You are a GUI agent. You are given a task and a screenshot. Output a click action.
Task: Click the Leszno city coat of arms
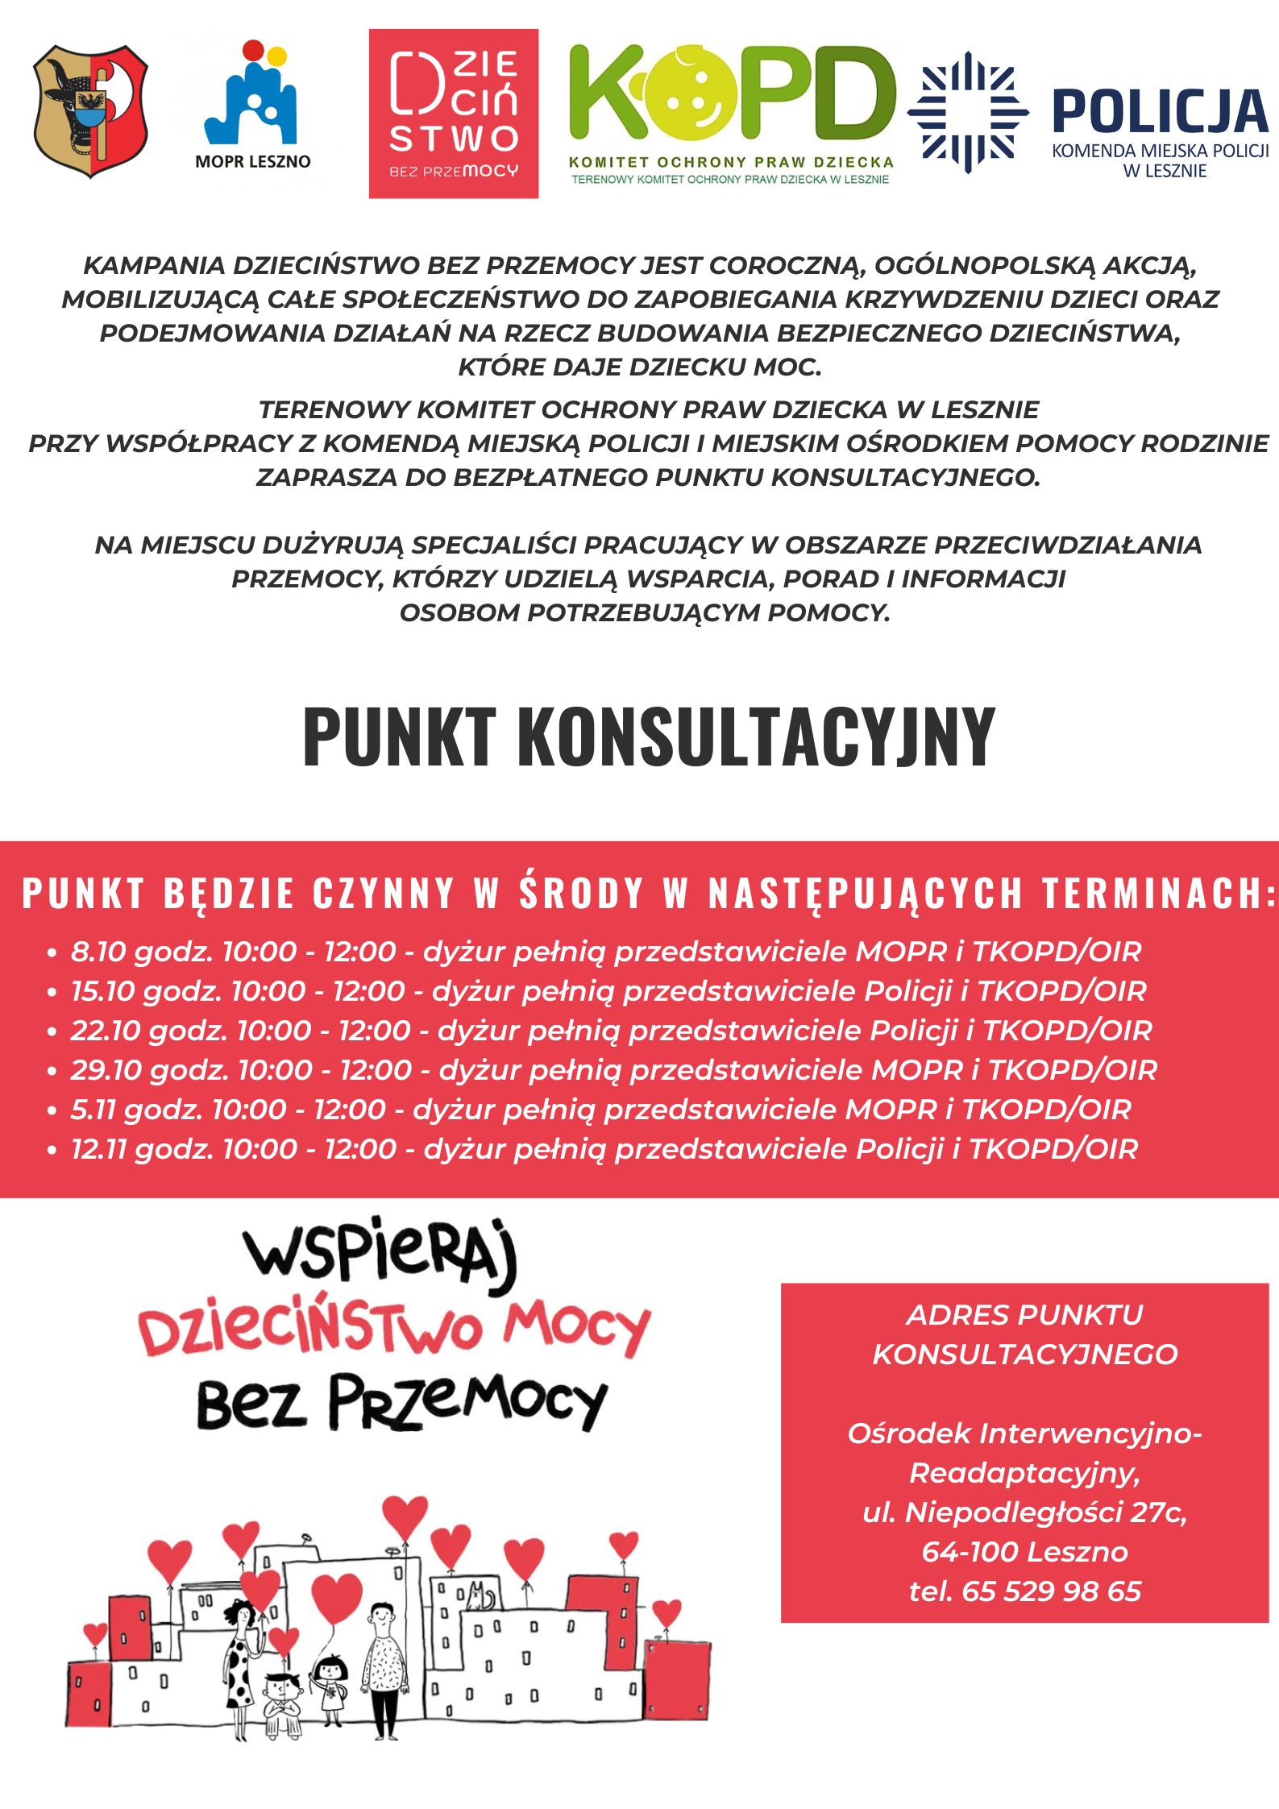point(90,111)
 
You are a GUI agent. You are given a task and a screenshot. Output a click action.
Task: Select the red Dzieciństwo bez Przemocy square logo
point(453,114)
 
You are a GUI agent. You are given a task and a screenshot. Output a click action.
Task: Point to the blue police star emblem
point(967,112)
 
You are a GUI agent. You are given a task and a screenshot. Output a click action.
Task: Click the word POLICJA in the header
point(1160,112)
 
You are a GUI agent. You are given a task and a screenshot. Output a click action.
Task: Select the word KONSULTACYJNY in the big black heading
point(755,736)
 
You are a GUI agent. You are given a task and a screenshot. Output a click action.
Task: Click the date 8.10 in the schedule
point(98,952)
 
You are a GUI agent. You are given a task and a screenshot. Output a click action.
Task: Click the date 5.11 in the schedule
point(93,1110)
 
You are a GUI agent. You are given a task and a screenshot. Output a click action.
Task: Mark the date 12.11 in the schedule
point(98,1149)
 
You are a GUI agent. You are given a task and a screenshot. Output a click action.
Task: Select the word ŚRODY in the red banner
point(581,893)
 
